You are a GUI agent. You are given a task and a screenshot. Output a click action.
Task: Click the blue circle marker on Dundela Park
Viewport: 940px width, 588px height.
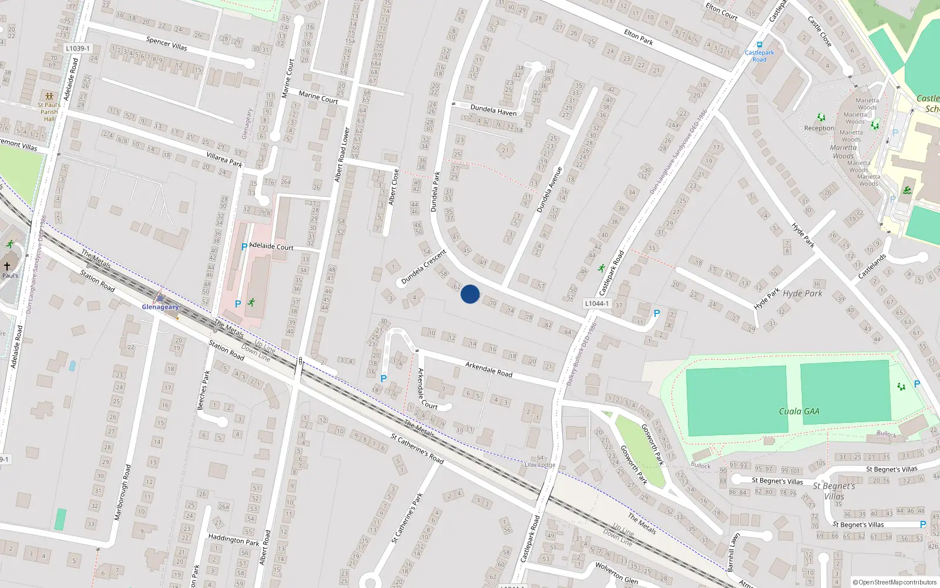(x=470, y=294)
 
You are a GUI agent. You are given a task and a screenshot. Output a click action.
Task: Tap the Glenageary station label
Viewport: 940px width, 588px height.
(x=160, y=307)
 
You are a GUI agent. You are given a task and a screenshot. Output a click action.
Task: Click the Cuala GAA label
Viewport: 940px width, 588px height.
(x=799, y=411)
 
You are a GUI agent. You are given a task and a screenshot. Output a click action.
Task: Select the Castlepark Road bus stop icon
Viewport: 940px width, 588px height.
(x=760, y=45)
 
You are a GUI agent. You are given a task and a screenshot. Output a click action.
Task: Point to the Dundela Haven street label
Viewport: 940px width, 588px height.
(x=493, y=110)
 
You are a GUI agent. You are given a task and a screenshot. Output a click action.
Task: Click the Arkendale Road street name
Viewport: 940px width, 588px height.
(x=489, y=369)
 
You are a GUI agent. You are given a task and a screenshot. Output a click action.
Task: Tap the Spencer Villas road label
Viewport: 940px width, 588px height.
(x=167, y=44)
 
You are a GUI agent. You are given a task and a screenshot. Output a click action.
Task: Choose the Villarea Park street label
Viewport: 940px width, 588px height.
(x=224, y=159)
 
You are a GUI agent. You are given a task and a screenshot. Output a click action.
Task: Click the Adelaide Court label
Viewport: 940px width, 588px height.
(x=271, y=246)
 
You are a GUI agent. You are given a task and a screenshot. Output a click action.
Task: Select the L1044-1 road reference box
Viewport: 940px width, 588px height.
(x=597, y=303)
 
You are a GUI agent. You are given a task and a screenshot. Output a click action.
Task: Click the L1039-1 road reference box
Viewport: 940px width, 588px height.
(x=78, y=49)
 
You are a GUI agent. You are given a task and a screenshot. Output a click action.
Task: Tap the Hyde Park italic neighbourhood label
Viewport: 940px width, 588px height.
(x=803, y=293)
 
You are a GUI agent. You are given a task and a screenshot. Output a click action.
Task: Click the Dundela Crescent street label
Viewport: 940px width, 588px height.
(x=424, y=268)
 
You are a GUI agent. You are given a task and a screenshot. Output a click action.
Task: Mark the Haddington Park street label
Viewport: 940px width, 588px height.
(x=233, y=539)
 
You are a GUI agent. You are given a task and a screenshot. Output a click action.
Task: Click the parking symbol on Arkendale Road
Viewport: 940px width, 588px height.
(x=384, y=379)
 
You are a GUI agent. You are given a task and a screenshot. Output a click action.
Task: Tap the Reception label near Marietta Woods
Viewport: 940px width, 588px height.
(x=819, y=128)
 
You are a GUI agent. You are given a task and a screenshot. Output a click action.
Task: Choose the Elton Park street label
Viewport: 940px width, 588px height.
(x=639, y=38)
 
